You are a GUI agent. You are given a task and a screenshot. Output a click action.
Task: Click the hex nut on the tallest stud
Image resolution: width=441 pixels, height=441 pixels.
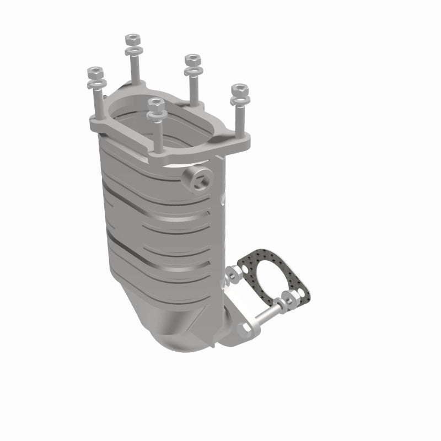[132, 39]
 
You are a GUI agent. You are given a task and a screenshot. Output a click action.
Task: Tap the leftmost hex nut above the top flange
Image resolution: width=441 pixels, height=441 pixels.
[93, 72]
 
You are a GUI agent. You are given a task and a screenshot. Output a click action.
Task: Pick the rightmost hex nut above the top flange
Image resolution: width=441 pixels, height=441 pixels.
[239, 89]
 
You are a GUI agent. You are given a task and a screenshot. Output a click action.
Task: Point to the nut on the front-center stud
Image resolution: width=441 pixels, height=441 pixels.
[156, 103]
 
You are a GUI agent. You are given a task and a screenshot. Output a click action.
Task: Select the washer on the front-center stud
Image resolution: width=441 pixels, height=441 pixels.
[156, 114]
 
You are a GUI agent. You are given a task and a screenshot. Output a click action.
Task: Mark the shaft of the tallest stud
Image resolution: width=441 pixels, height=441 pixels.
[134, 69]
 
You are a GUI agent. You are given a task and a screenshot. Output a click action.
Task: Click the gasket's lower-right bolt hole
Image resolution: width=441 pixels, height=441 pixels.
[297, 298]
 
